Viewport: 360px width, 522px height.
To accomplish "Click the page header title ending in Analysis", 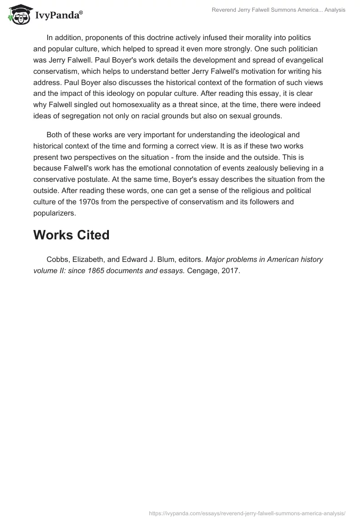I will (x=279, y=10).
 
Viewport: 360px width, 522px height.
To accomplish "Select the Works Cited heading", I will (x=71, y=235).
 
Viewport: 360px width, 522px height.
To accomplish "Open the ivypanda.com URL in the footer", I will (x=247, y=513).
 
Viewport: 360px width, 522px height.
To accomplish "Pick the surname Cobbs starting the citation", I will (x=57, y=260).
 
